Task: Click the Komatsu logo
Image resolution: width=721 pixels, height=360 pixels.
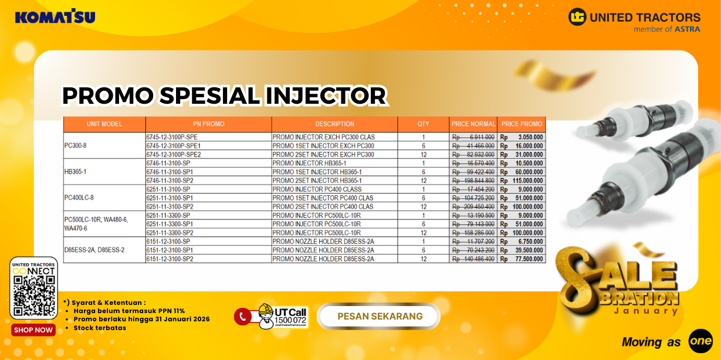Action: click(x=55, y=16)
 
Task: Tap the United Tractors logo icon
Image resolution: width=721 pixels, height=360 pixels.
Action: click(x=577, y=17)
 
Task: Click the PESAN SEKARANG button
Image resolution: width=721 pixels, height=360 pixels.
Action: click(x=380, y=317)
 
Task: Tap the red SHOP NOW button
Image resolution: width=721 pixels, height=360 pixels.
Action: click(x=33, y=330)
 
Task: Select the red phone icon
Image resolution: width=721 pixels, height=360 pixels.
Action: click(x=242, y=317)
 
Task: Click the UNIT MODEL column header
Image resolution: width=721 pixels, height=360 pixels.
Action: click(x=104, y=124)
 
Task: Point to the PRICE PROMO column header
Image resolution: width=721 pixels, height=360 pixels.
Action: click(x=522, y=124)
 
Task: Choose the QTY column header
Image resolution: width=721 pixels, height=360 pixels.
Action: click(x=423, y=124)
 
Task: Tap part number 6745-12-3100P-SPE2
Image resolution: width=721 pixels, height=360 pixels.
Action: click(x=173, y=155)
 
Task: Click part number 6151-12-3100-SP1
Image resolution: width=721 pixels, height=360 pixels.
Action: click(x=170, y=250)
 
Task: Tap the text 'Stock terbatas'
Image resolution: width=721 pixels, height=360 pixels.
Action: click(x=100, y=328)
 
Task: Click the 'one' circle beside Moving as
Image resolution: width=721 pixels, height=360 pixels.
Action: click(x=700, y=341)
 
